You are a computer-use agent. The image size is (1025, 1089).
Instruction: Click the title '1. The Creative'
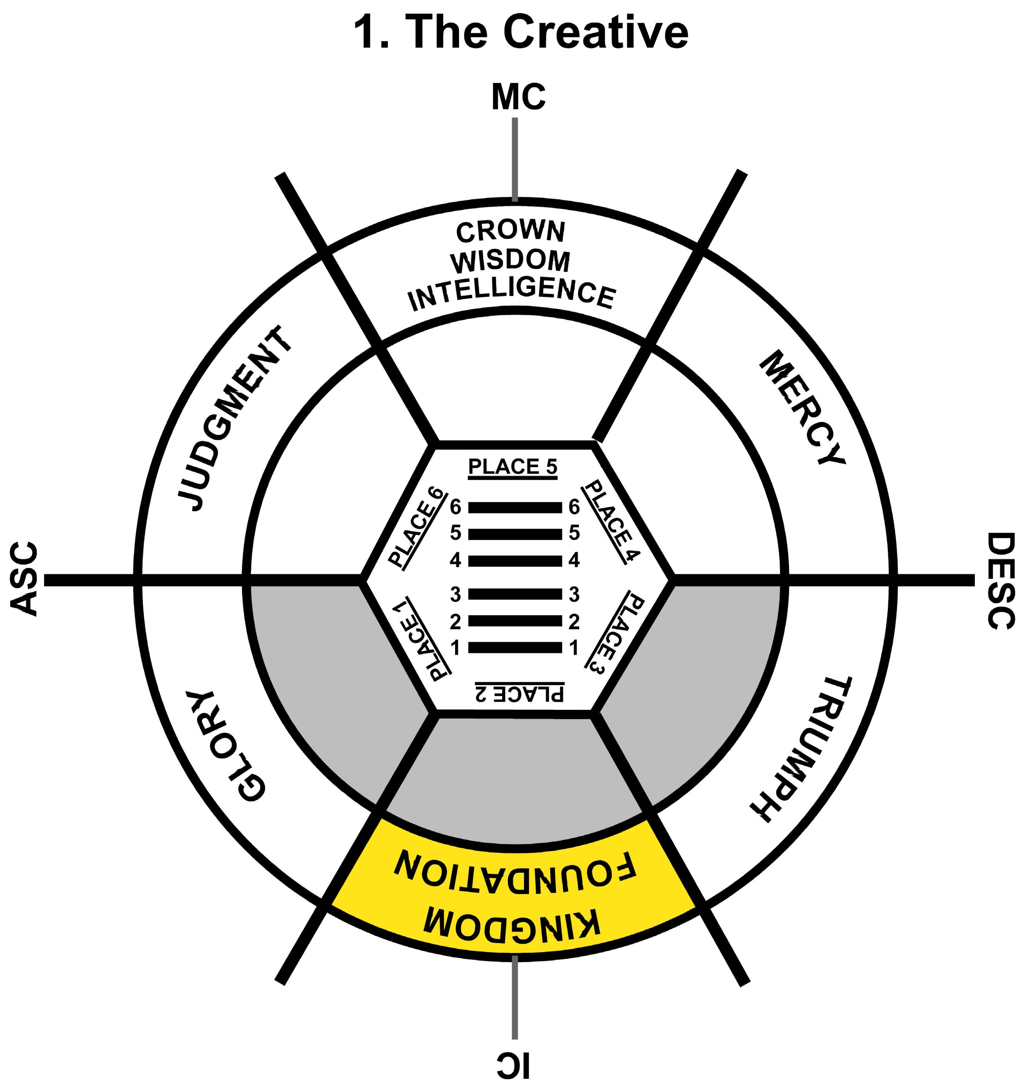521,33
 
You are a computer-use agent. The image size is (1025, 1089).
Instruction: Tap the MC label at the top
518,97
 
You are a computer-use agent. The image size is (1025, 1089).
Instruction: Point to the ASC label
24,579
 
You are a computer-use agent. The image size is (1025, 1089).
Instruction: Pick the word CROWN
510,232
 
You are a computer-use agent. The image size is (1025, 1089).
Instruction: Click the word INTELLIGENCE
512,296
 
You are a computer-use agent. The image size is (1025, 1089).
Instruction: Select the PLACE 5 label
512,467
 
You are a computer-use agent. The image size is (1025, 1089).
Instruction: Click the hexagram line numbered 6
515,508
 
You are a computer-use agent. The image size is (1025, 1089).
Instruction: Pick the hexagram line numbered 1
515,648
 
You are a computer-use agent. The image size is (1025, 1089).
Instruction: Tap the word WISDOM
510,262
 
